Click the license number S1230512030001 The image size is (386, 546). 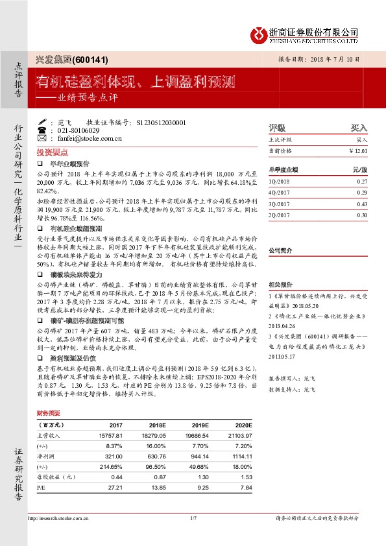[158, 122]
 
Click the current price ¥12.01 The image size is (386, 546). [358, 150]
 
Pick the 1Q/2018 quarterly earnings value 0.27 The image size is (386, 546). [362, 182]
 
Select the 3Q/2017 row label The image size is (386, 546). [279, 204]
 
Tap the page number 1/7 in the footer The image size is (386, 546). [193, 517]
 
